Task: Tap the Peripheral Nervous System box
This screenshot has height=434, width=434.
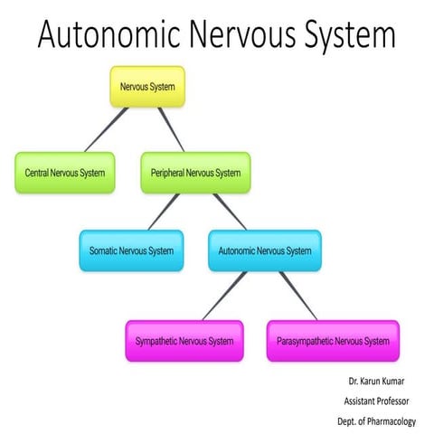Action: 194,172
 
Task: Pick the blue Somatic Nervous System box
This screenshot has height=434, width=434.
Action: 130,250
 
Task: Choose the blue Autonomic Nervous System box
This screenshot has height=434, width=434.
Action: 264,250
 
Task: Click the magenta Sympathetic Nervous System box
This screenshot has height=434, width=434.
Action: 184,341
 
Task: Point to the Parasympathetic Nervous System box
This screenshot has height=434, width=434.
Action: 333,341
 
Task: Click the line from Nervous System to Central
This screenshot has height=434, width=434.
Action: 105,130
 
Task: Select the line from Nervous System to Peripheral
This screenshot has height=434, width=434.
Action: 169,130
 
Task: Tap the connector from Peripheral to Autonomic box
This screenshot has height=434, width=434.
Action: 230,211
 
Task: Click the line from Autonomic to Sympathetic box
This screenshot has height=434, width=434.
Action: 223,296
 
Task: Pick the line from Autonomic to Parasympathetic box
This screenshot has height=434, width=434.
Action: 297,296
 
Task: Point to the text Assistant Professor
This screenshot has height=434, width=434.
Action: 378,400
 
